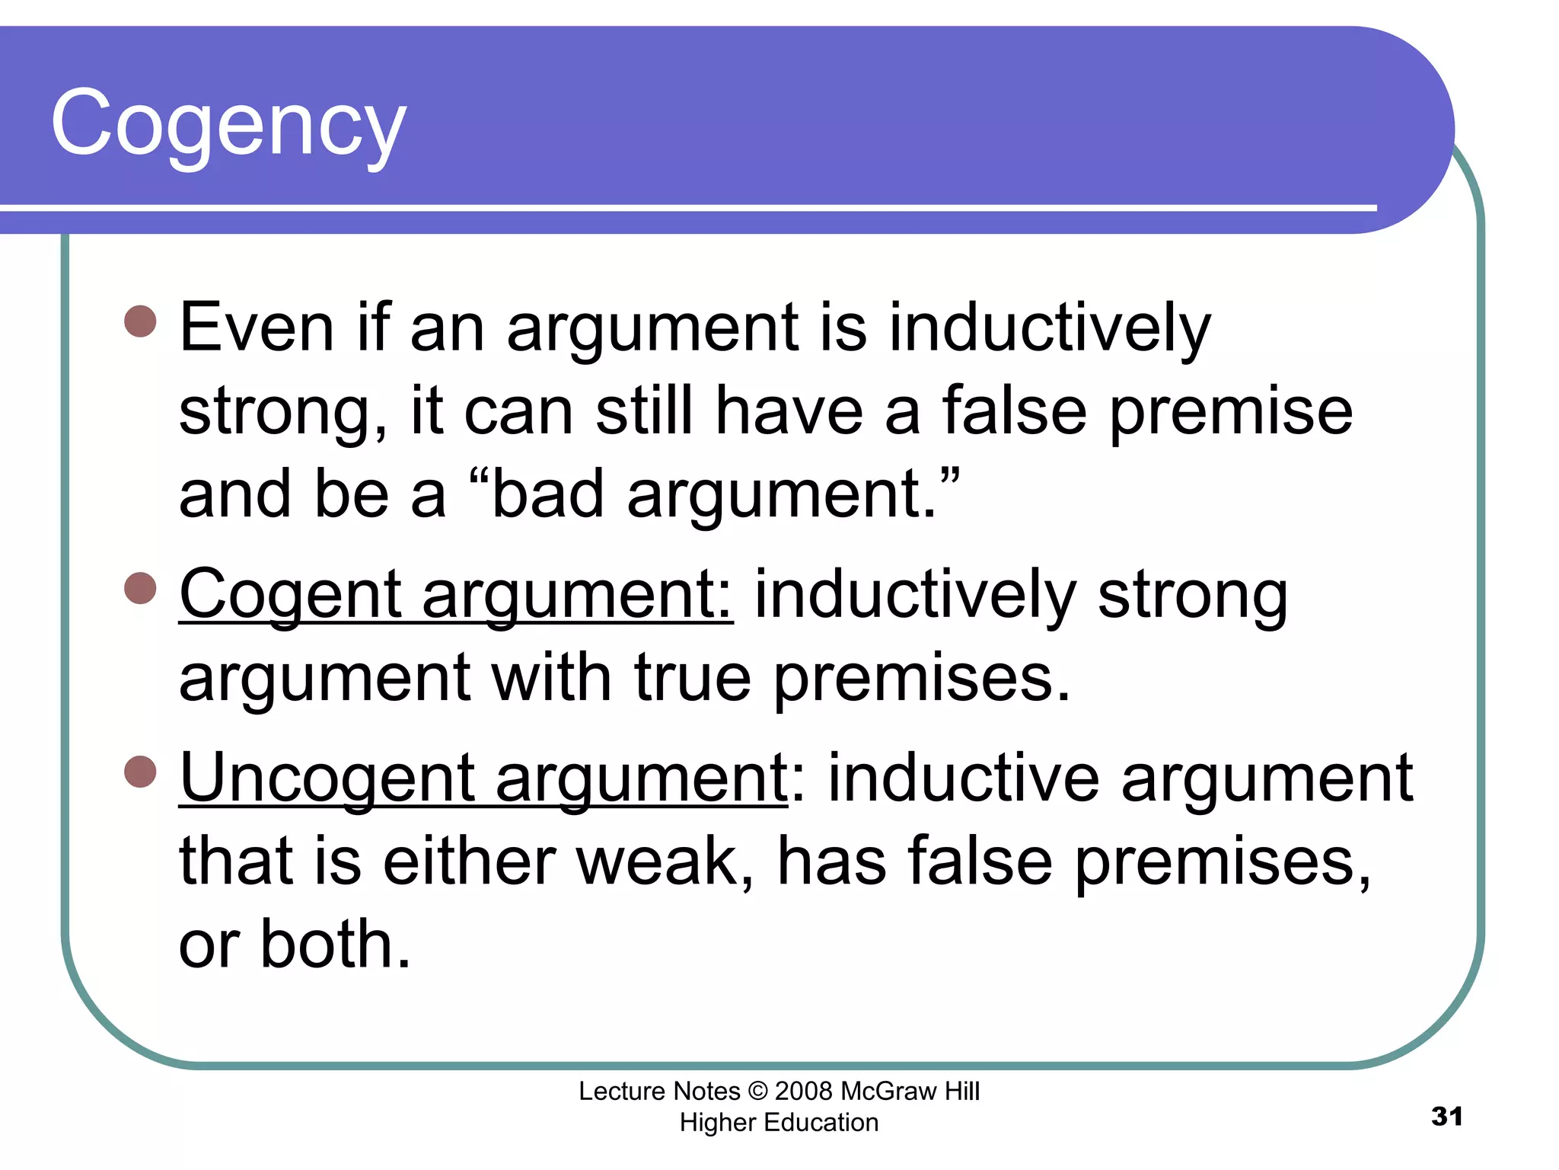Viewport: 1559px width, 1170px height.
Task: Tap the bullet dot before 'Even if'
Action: pos(140,321)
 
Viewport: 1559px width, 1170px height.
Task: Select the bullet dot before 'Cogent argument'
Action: pos(140,587)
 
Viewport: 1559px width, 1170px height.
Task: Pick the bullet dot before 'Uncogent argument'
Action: pos(140,771)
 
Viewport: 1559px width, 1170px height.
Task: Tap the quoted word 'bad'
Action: pos(548,495)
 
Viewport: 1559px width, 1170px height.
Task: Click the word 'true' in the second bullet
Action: pos(693,678)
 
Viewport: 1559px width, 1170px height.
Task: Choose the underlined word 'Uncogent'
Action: pos(327,778)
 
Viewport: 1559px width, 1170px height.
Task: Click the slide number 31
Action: pos(1446,1117)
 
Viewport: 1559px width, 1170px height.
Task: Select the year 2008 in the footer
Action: pos(804,1092)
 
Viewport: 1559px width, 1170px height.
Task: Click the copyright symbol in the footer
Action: pos(758,1092)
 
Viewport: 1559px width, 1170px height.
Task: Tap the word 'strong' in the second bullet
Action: pos(1192,596)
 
